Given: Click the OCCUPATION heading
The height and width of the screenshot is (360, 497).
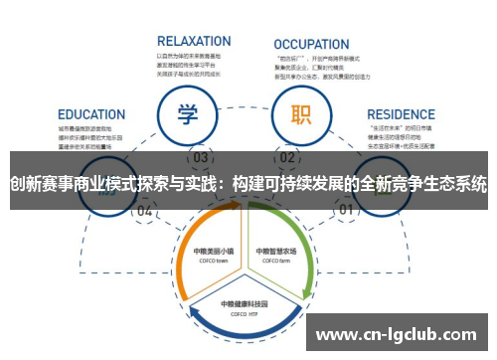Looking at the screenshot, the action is click(311, 44).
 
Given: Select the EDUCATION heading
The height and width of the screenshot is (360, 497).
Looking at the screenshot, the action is click(91, 114).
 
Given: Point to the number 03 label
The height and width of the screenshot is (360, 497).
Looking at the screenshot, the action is click(201, 158).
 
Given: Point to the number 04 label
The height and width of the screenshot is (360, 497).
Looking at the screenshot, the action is click(145, 211).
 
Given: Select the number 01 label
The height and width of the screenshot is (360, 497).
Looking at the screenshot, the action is click(347, 211).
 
